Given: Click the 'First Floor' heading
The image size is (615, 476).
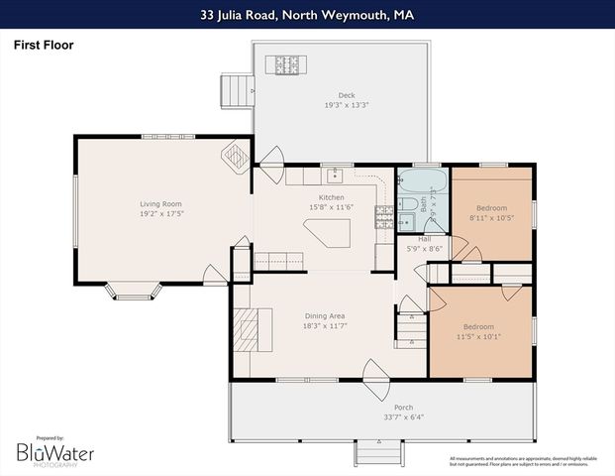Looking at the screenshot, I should (x=43, y=45).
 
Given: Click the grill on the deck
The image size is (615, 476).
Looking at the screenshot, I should (x=287, y=65).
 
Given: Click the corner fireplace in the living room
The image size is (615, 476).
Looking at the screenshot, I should (x=237, y=156).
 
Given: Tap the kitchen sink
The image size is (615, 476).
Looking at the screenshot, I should (x=335, y=176).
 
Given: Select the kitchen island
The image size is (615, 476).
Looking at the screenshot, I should (x=329, y=234).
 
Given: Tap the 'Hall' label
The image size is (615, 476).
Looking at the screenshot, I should (x=424, y=239).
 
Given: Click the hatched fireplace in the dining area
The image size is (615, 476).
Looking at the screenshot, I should (x=249, y=325).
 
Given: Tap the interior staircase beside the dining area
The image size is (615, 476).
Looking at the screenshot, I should (x=410, y=325).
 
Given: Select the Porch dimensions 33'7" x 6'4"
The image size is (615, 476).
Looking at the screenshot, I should (x=381, y=416).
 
